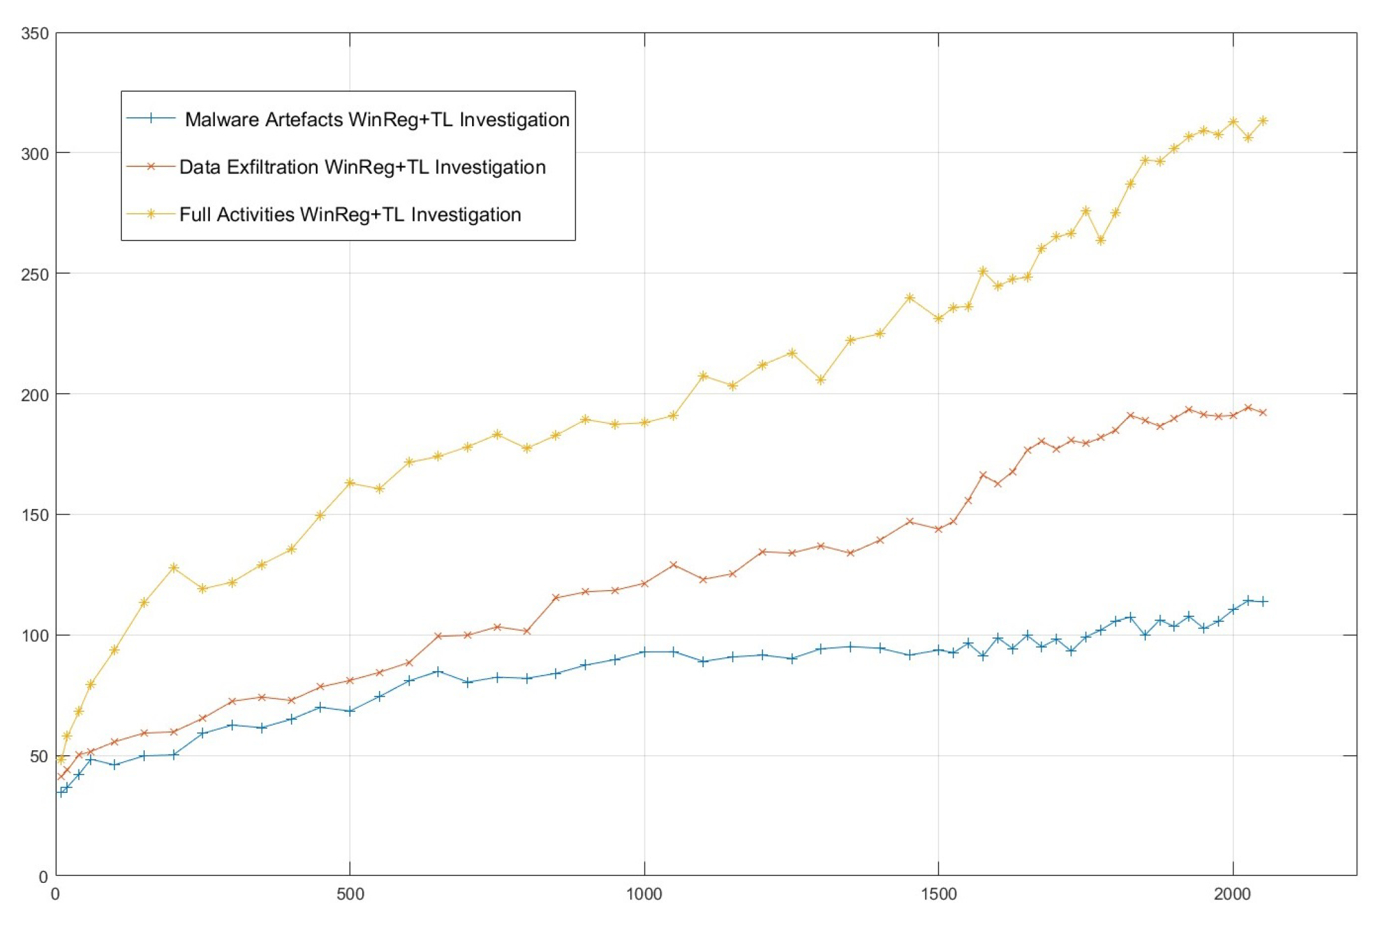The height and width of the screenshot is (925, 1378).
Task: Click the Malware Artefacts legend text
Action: point(376,119)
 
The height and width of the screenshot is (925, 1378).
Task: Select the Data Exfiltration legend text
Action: point(362,167)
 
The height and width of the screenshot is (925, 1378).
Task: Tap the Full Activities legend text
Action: point(350,214)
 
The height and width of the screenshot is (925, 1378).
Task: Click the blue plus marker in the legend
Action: point(151,118)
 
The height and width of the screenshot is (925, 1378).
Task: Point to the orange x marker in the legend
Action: point(151,166)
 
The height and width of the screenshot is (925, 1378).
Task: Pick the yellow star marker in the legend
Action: point(151,214)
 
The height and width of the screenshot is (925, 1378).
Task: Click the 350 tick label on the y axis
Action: point(34,33)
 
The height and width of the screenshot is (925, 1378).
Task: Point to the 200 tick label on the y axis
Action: point(34,395)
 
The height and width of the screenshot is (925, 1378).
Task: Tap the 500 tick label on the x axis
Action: point(350,894)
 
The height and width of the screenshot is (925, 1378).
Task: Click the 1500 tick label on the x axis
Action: point(938,894)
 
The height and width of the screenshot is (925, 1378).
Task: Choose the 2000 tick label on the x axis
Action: point(1233,894)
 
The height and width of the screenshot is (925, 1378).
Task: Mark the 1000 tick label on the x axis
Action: point(644,894)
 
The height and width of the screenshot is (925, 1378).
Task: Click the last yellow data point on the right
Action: point(1263,121)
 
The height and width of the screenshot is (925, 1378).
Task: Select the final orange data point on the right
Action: point(1263,413)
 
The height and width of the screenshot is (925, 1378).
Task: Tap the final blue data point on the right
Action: point(1263,602)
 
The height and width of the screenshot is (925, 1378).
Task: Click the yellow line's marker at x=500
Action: point(350,483)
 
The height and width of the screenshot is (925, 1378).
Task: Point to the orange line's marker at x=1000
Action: point(644,584)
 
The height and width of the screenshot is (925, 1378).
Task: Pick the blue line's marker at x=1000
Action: point(644,652)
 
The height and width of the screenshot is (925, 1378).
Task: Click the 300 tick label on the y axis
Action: point(34,154)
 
